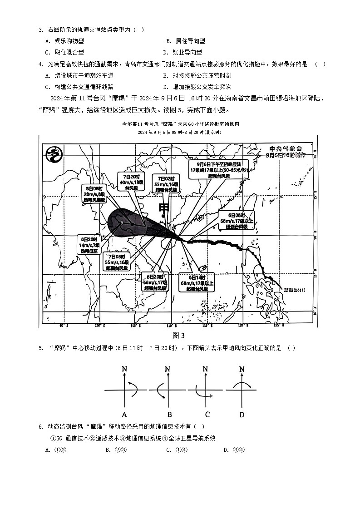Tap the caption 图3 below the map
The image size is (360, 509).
(x=179, y=336)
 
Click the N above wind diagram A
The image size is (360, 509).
(x=124, y=369)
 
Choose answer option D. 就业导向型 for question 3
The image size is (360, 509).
(x=182, y=53)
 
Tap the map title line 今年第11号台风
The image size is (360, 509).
(x=180, y=124)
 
